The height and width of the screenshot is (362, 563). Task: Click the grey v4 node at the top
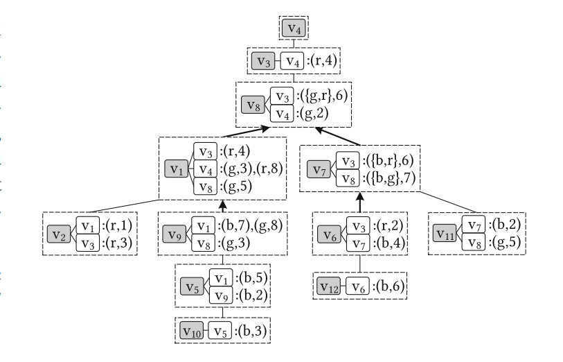(x=294, y=29)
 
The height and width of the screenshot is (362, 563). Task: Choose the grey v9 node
(x=175, y=234)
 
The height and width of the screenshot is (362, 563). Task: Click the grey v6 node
(x=328, y=234)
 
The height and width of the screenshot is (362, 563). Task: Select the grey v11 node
(x=445, y=234)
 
